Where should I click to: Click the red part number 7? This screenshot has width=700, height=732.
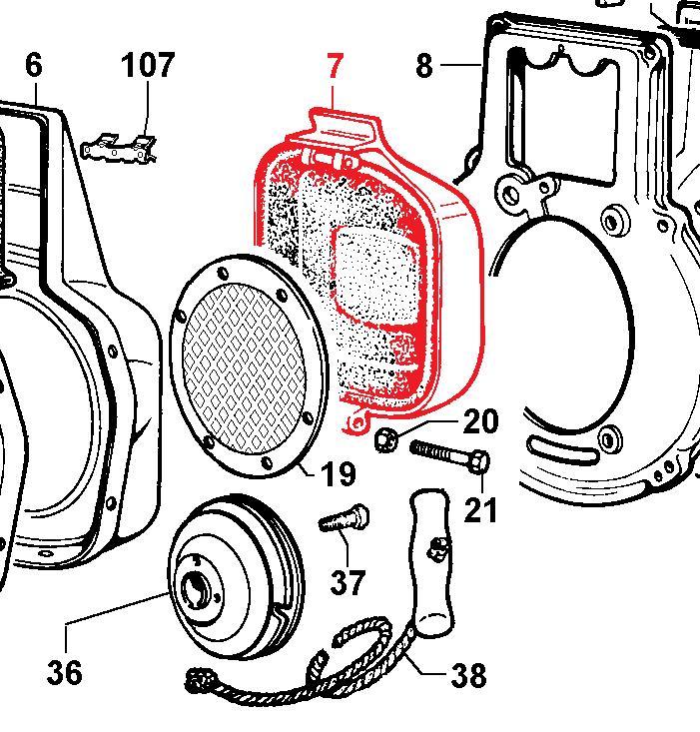click(x=334, y=67)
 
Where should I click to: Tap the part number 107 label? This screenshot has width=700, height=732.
click(x=148, y=66)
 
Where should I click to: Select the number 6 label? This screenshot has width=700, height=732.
click(x=34, y=66)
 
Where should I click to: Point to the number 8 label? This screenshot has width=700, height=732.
click(x=424, y=67)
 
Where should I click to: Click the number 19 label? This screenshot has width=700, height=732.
click(x=339, y=473)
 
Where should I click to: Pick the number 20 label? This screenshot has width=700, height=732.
click(x=479, y=421)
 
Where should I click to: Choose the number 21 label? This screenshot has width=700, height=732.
click(x=480, y=509)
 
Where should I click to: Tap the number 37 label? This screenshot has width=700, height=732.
click(x=347, y=581)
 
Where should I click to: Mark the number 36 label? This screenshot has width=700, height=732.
click(x=64, y=672)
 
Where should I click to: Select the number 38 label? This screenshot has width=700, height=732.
click(x=467, y=676)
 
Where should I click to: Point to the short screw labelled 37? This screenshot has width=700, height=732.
click(x=344, y=520)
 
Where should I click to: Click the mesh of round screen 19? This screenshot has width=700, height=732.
click(x=244, y=360)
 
